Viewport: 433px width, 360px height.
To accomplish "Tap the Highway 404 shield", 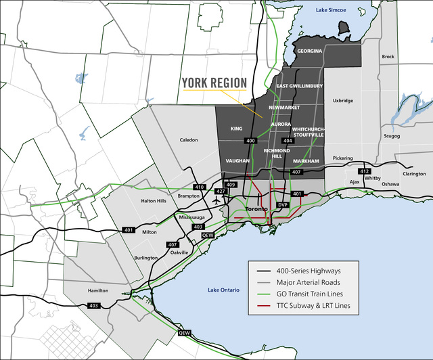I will (x=287, y=140).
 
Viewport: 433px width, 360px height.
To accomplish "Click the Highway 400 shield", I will (x=251, y=140).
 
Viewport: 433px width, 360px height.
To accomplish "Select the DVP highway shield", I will (x=283, y=204).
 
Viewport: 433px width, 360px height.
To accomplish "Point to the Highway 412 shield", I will (x=365, y=171).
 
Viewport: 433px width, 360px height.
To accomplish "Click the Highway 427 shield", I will (x=220, y=192).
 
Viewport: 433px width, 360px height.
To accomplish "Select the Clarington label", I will (x=414, y=174).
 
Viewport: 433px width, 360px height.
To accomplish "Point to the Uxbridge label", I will (x=342, y=101).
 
